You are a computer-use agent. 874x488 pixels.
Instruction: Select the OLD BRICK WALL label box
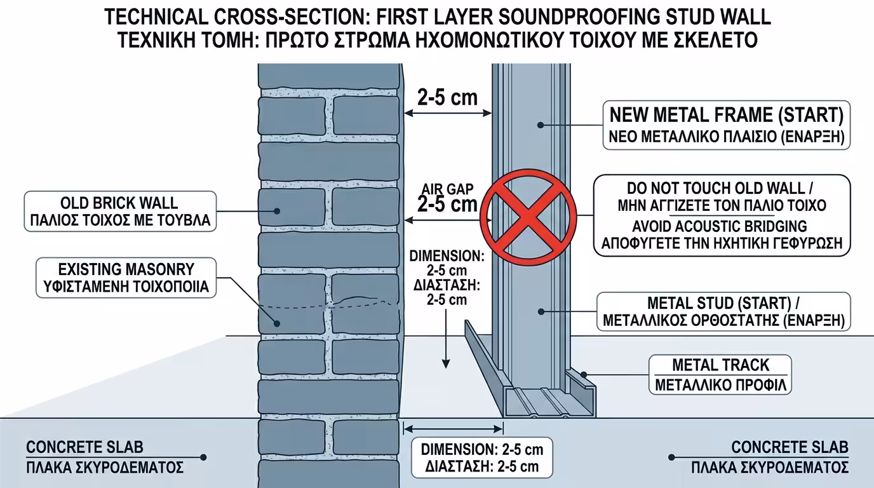tap(119, 212)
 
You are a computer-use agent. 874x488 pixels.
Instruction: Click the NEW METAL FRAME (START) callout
tap(726, 125)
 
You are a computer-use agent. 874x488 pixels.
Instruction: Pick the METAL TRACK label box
tap(720, 374)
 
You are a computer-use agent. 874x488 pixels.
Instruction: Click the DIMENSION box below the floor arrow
tap(482, 457)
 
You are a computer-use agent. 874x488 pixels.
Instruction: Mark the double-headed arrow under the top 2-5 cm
tap(447, 114)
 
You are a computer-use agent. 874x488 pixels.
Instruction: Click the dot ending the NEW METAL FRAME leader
tap(540, 125)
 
